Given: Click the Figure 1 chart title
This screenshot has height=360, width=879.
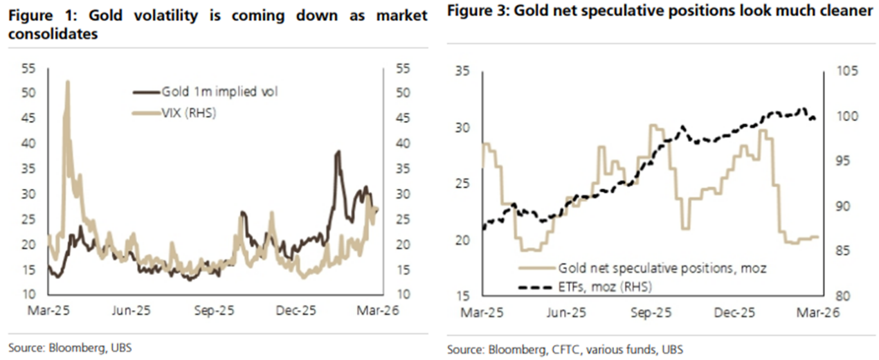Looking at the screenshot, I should (218, 24).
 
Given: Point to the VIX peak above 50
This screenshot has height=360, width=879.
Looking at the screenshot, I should (67, 82).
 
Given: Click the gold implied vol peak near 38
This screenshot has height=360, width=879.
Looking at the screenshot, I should (338, 152).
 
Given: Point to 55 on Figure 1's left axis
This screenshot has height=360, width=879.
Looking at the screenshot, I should (30, 69).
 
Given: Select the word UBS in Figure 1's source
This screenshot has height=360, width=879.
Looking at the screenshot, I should (120, 348).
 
